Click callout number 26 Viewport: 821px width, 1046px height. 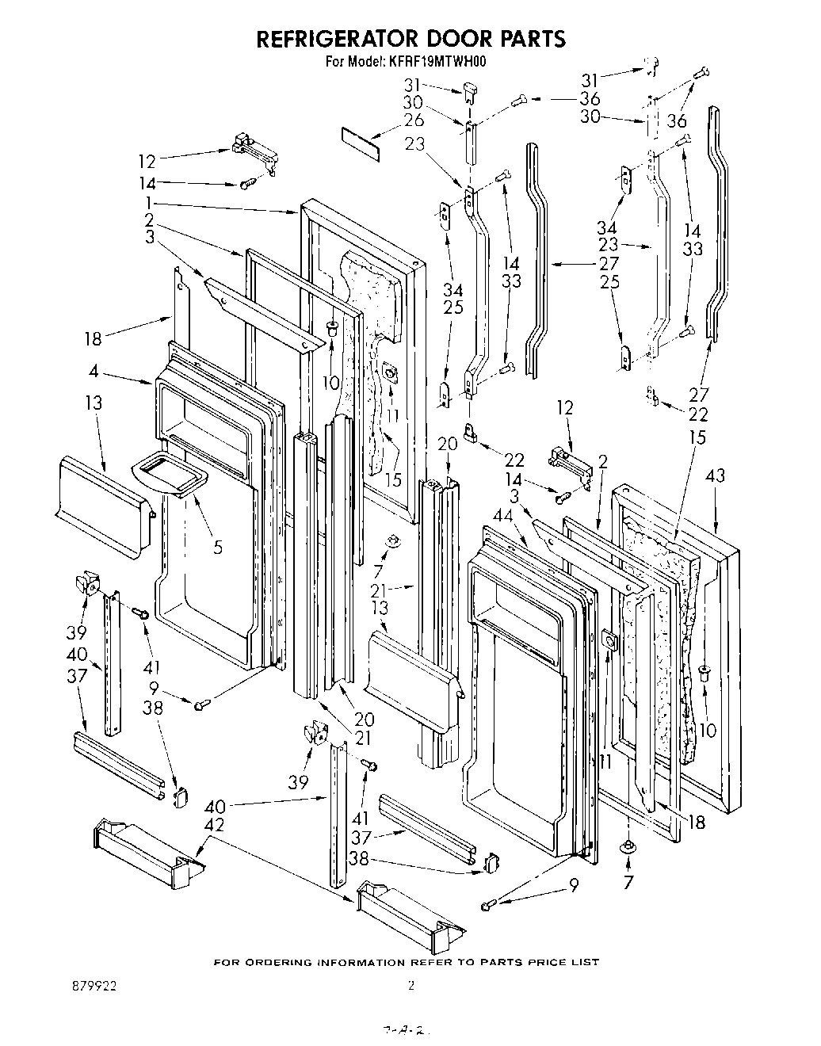(436, 120)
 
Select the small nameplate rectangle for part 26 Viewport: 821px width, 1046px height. (361, 143)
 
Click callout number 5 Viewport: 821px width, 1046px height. (218, 546)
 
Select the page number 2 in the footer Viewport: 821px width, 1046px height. (410, 987)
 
